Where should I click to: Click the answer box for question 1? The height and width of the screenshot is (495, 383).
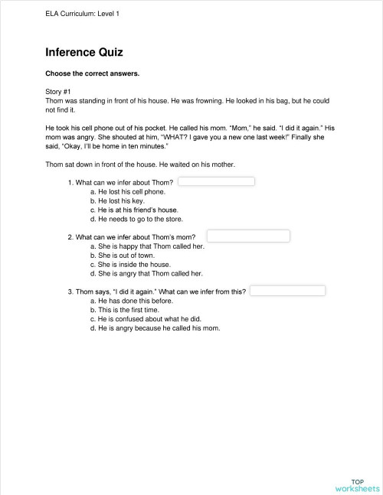click(216, 181)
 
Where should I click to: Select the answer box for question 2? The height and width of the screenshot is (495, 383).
click(247, 236)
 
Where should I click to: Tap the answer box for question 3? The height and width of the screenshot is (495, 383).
click(288, 291)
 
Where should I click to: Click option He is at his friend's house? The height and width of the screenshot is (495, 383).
click(138, 210)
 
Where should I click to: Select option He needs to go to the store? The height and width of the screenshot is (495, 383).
click(138, 219)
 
